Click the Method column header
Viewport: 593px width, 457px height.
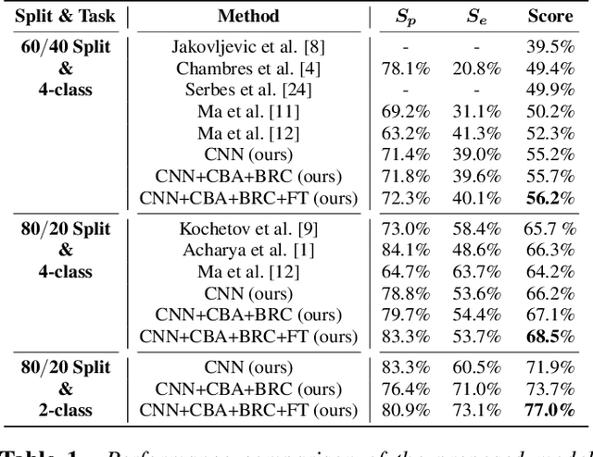click(x=248, y=16)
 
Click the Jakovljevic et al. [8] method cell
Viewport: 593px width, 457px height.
click(x=248, y=47)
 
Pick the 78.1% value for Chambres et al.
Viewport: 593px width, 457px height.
click(x=404, y=68)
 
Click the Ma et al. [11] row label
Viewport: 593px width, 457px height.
click(x=248, y=111)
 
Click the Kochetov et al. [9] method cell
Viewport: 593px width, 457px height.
click(x=248, y=228)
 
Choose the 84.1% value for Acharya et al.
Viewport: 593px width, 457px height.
click(x=404, y=249)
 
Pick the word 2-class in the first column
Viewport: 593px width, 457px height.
click(x=66, y=409)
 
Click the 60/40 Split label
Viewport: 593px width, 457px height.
click(x=66, y=47)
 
